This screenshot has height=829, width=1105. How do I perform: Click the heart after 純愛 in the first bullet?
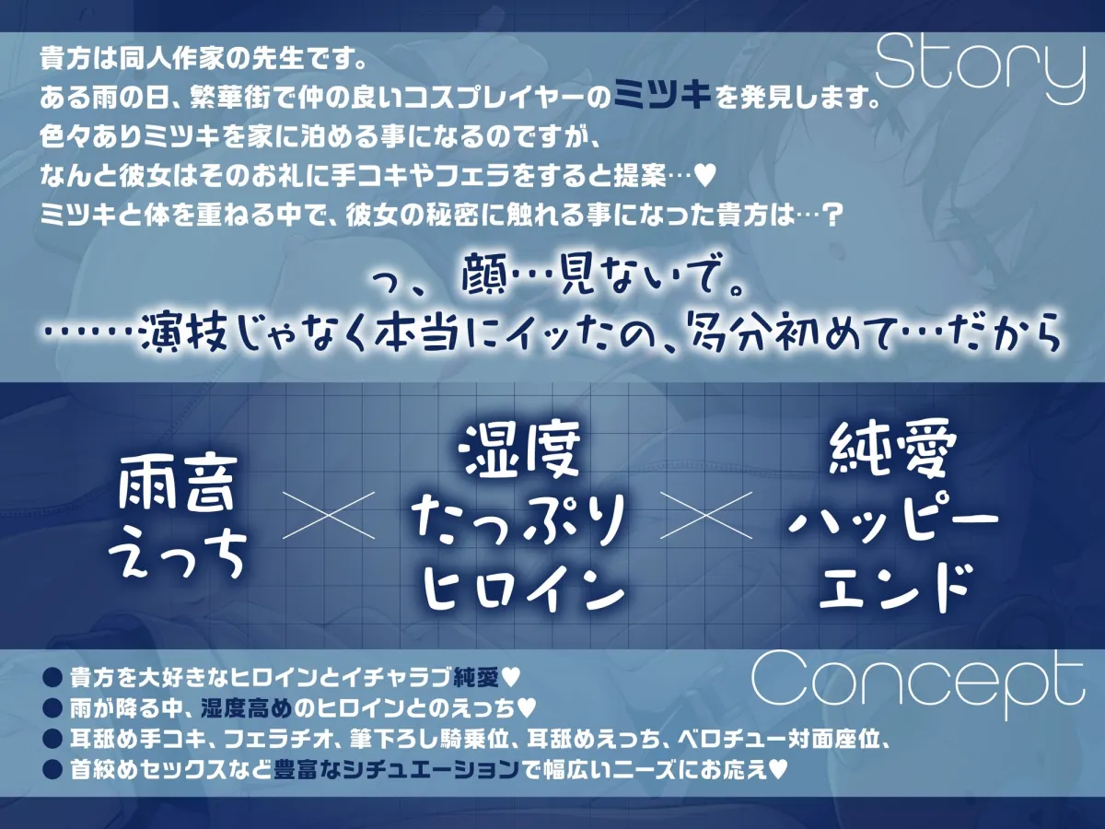click(513, 678)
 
